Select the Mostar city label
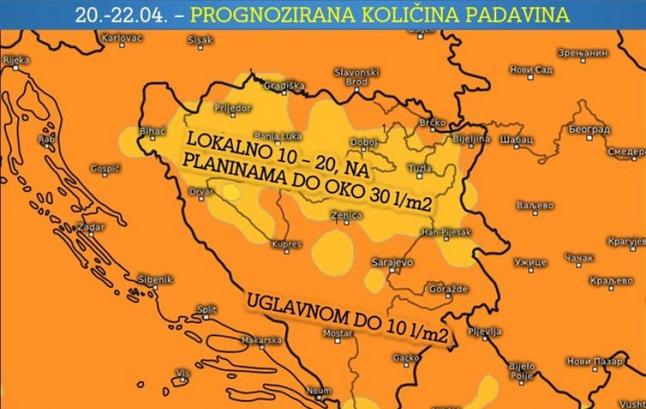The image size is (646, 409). pyautogui.click(x=338, y=333)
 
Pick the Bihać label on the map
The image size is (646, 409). pyautogui.click(x=152, y=131)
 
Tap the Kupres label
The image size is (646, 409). pyautogui.click(x=286, y=245)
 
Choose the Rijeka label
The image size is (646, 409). pyautogui.click(x=16, y=60)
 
